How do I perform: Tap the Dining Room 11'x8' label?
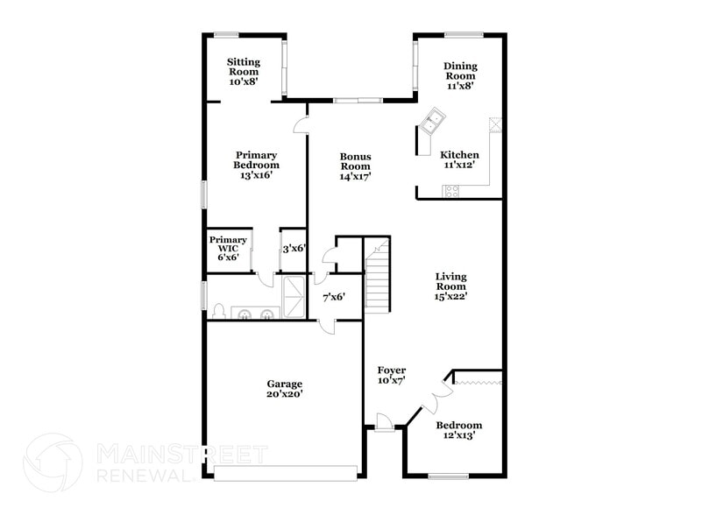click(459, 76)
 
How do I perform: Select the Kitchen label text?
click(459, 159)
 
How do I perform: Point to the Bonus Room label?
click(355, 166)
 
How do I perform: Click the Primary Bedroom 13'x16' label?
click(256, 165)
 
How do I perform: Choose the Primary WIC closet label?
click(227, 247)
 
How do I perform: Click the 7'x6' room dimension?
click(333, 297)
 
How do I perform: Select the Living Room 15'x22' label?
click(451, 286)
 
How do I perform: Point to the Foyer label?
click(391, 376)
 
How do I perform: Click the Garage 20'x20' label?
click(285, 389)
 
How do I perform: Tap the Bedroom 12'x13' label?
click(459, 431)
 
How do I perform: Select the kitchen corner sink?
click(432, 123)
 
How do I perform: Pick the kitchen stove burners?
click(452, 190)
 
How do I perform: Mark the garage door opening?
click(286, 473)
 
